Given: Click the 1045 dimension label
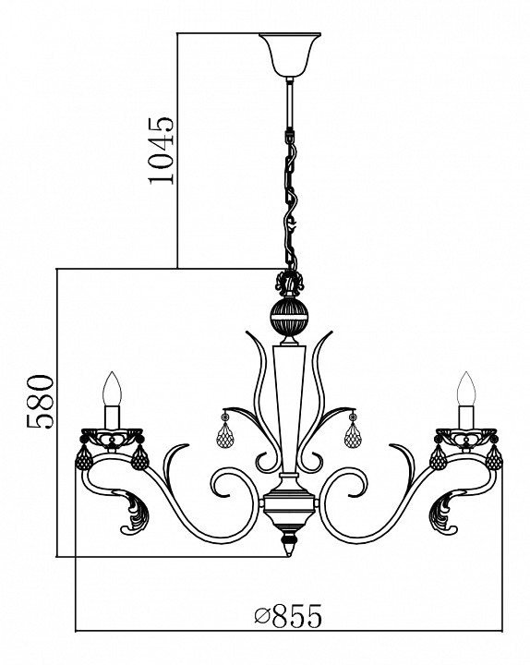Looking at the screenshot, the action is coord(161,151).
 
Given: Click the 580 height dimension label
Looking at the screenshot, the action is coord(41,401).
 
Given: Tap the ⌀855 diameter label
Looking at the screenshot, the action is coord(288,616).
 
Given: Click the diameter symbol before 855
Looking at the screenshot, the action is coord(262,617).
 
